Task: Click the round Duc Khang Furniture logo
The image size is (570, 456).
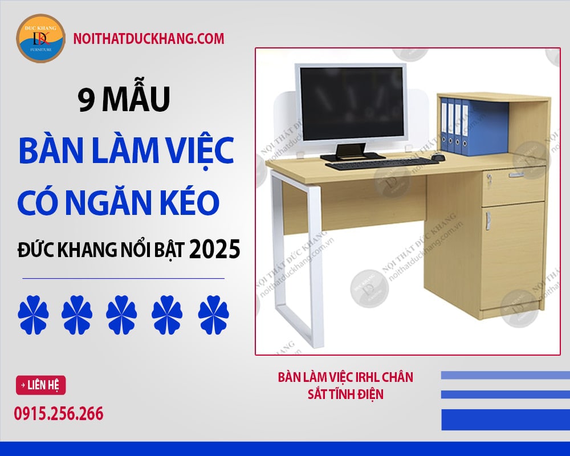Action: [40, 38]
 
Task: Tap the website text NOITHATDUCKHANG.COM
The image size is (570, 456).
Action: [149, 39]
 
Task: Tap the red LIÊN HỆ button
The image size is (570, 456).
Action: [40, 385]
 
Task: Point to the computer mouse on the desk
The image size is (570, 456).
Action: [438, 157]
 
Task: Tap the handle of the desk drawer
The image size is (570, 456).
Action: [516, 175]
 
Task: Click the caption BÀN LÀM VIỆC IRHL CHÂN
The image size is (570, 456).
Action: [345, 377]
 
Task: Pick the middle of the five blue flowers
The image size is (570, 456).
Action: [121, 315]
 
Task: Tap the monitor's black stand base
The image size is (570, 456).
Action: [352, 156]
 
